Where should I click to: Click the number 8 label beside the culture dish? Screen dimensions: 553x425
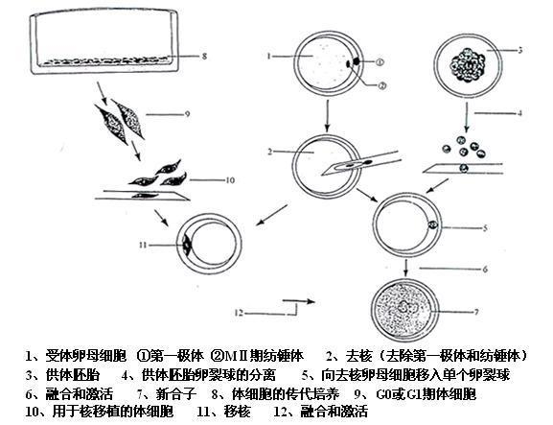point(204,57)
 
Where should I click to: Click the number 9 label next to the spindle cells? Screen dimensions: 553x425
point(188,114)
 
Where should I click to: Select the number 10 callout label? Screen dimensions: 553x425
point(230,180)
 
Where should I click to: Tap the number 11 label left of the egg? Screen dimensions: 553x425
point(143,245)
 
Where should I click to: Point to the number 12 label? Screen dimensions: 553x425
point(239,313)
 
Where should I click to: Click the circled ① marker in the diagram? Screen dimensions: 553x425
point(380,62)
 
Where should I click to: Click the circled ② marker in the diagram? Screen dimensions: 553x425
point(382,85)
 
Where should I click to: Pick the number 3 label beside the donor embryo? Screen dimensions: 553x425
point(519,50)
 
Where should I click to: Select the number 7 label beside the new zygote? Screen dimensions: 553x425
point(476,312)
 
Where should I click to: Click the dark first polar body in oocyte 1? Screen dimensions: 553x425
point(357,61)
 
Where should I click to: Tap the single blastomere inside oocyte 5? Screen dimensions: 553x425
point(433,224)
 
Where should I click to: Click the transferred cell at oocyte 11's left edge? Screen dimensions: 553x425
point(186,244)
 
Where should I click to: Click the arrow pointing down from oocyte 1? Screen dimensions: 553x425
point(328,116)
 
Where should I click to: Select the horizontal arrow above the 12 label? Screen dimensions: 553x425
point(298,301)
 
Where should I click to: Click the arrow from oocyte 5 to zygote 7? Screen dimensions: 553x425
point(406,268)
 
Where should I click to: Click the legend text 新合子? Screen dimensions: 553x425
point(176,393)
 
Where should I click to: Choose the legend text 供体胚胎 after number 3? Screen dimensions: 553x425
point(72,375)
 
